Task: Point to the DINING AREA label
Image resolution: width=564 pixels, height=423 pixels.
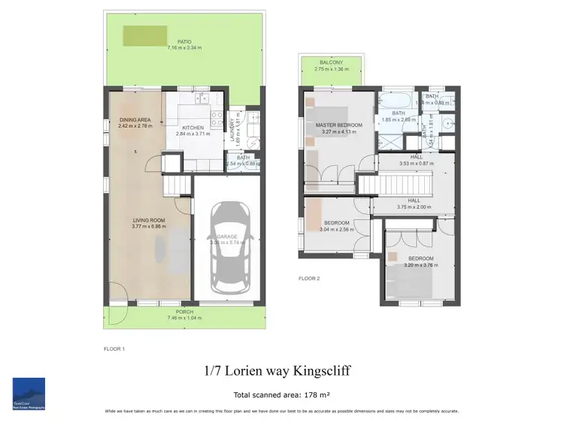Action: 135,120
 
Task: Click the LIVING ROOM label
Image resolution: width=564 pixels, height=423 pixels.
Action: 148,220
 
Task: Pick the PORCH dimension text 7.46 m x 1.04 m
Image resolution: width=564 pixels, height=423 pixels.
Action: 184,318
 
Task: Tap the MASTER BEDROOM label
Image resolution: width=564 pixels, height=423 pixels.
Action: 339,125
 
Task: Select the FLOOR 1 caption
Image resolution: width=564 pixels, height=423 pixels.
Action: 114,349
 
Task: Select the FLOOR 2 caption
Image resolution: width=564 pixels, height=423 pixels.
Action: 309,279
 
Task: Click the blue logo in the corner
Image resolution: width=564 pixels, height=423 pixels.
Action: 29,394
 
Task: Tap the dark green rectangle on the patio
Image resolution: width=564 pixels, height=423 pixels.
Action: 145,34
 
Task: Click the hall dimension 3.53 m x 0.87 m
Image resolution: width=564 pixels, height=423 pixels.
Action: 414,163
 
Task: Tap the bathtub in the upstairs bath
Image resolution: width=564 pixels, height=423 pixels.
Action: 395,100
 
